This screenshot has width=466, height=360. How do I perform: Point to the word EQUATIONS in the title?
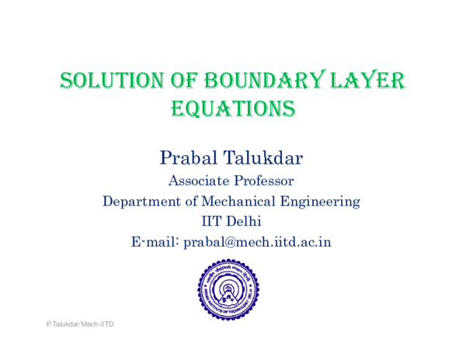point(232,109)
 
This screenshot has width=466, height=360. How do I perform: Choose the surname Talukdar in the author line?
point(266,158)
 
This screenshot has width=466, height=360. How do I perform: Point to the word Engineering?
point(325,202)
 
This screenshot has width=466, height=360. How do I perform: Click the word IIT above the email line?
point(212,222)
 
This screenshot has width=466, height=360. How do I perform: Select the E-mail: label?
point(155,242)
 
